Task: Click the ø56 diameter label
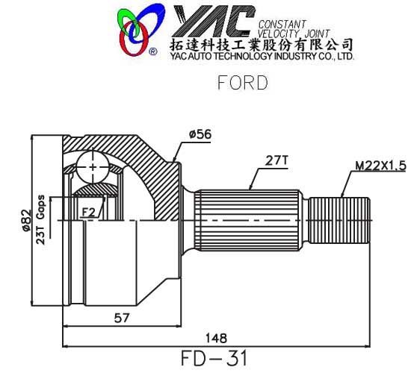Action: point(200,134)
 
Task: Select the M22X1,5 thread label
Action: point(380,166)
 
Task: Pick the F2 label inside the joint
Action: point(89,213)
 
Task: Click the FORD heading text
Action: point(241,82)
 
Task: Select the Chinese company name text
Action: point(262,43)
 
